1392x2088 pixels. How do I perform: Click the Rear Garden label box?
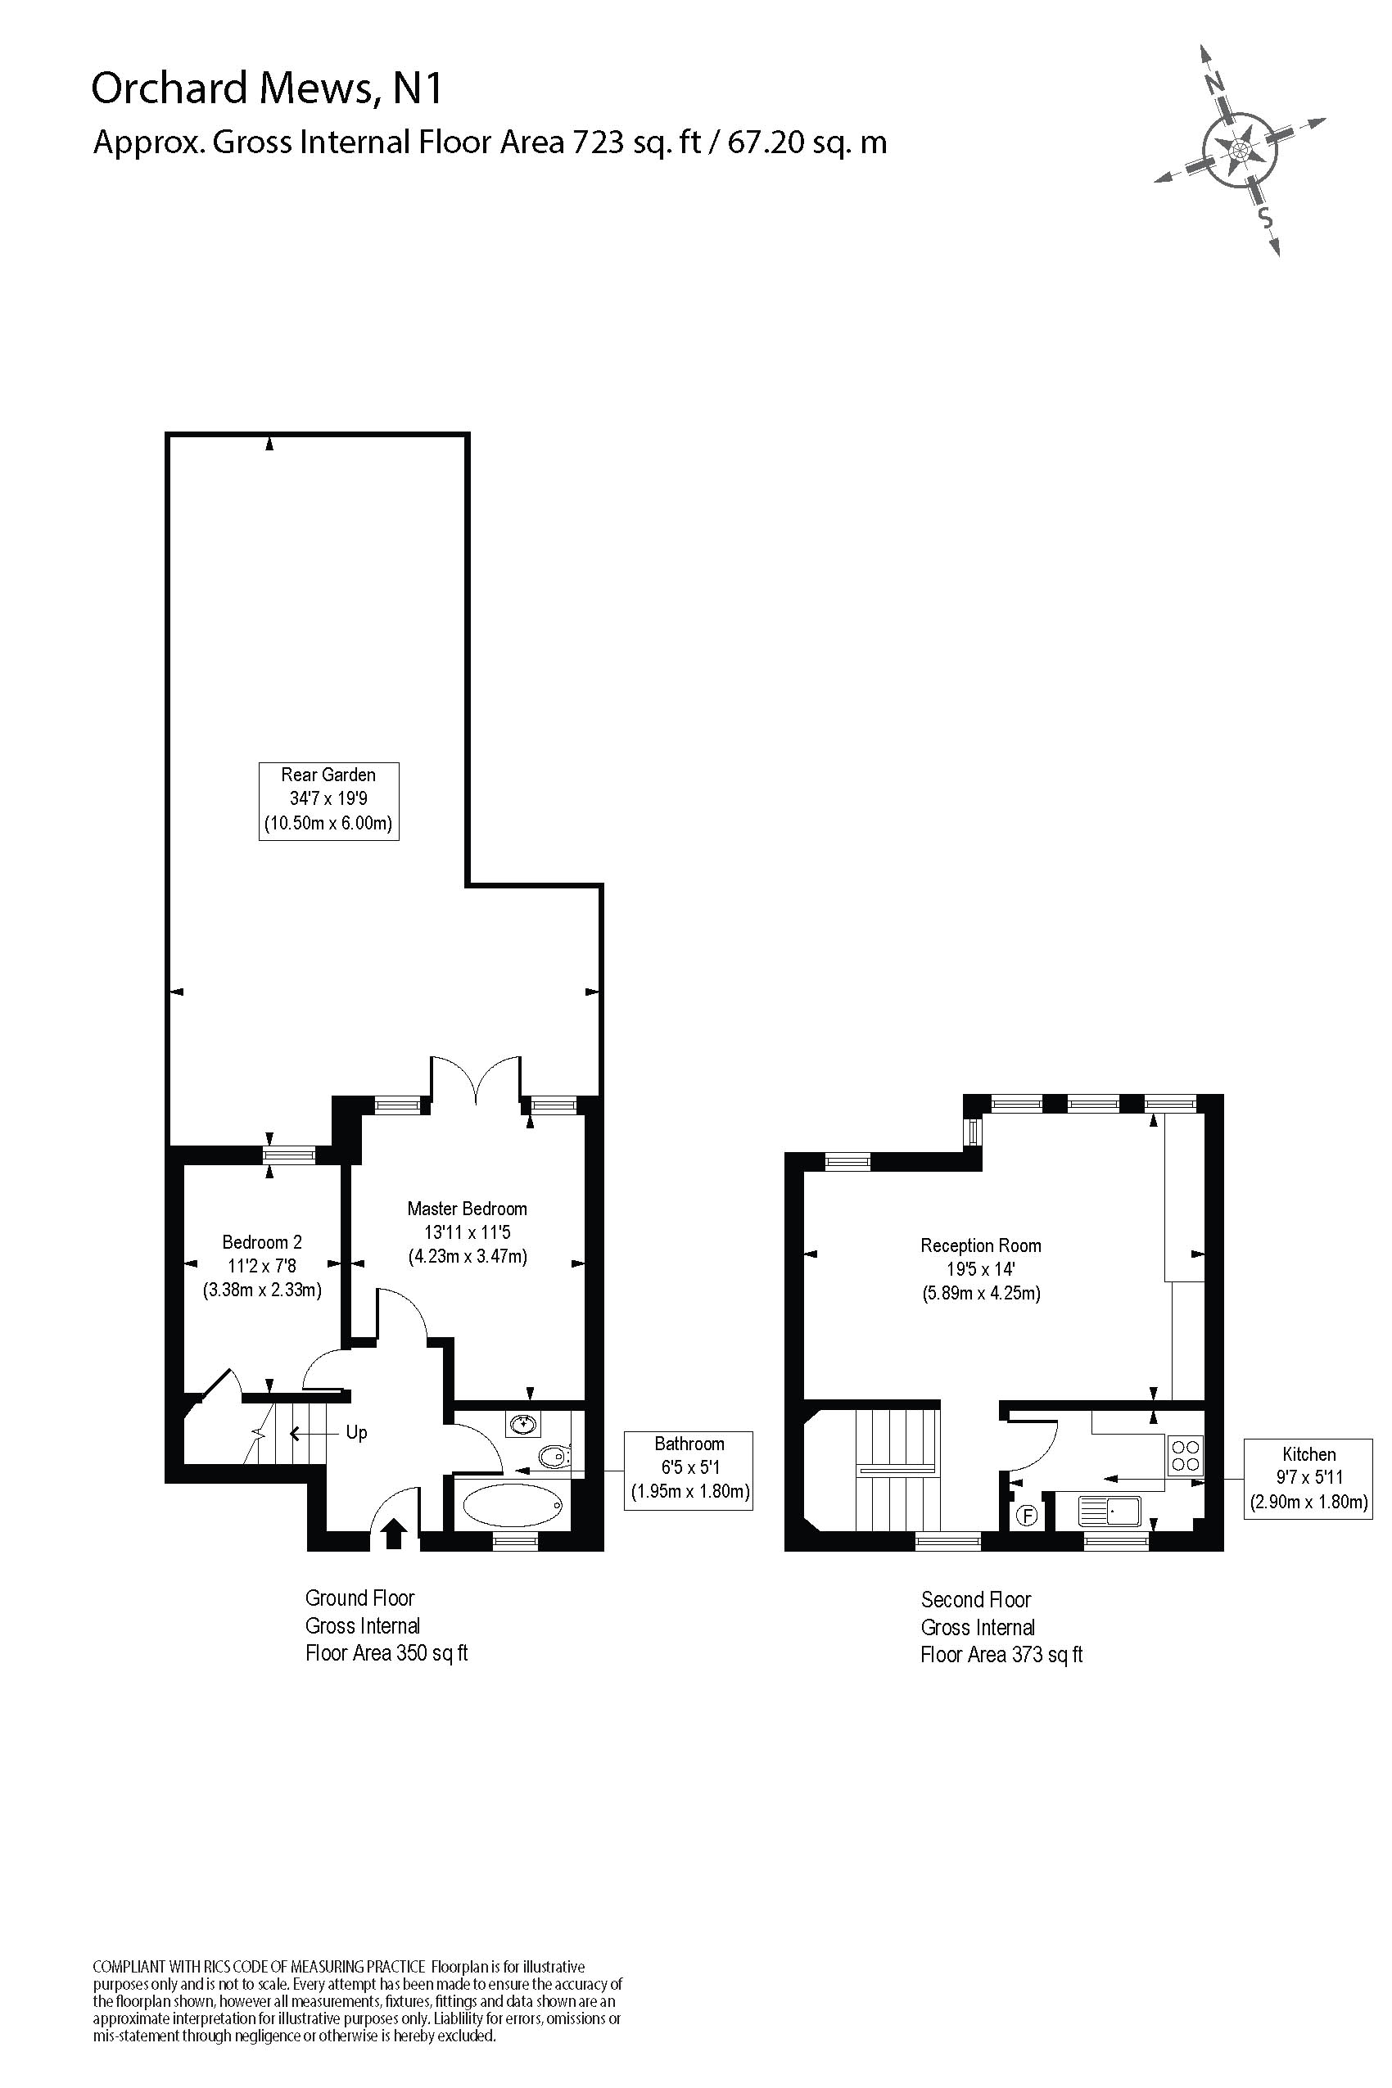[x=328, y=801]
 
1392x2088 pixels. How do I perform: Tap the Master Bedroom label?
[x=467, y=1232]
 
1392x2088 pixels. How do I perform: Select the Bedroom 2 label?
[x=262, y=1266]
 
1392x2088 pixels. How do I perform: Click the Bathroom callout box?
[x=689, y=1470]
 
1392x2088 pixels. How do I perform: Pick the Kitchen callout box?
[x=1308, y=1478]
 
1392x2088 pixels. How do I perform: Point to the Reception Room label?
[x=981, y=1269]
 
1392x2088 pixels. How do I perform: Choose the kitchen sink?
[x=1110, y=1511]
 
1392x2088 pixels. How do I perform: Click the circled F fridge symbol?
[x=1026, y=1515]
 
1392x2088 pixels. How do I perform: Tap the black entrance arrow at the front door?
[x=394, y=1533]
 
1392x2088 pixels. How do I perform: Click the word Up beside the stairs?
[x=356, y=1433]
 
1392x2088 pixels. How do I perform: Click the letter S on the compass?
[x=1266, y=219]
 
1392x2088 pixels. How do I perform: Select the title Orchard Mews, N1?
[x=267, y=88]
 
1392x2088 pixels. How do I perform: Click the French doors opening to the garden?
[x=477, y=1078]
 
